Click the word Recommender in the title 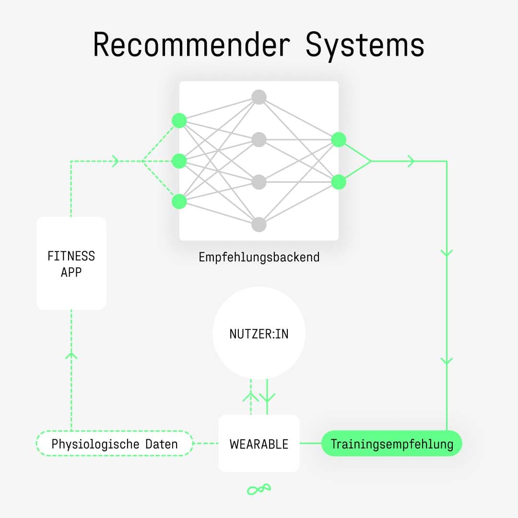191,45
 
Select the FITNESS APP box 71,263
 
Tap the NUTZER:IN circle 259,333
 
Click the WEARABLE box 259,444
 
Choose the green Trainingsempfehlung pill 391,444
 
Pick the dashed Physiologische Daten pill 115,444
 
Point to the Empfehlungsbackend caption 259,257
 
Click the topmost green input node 179,120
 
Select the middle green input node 179,161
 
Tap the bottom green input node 179,201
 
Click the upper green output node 339,140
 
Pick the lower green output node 339,182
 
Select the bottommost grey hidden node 259,224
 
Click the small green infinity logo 259,489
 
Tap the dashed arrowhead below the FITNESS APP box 71,355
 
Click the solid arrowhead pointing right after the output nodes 411,161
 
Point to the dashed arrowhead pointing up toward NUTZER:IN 251,396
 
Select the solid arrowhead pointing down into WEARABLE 267,397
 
